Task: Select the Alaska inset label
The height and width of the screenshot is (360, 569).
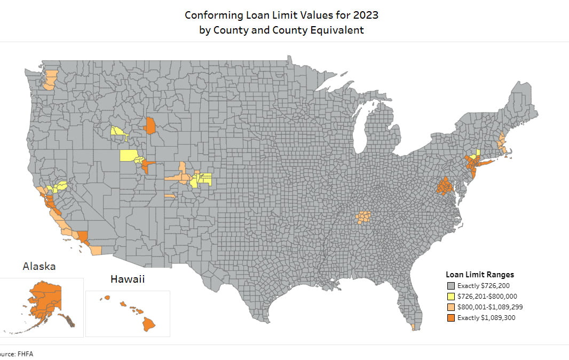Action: pyautogui.click(x=39, y=266)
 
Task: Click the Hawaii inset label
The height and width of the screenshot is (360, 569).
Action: pyautogui.click(x=128, y=279)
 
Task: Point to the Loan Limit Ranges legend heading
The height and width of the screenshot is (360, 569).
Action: pyautogui.click(x=480, y=275)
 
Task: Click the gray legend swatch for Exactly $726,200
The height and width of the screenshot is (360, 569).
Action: pyautogui.click(x=451, y=286)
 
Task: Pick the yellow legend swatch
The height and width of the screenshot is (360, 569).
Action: pyautogui.click(x=451, y=297)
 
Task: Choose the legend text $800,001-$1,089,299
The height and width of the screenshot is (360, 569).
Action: pyautogui.click(x=493, y=307)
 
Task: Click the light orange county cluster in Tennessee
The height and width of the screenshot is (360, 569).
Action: pyautogui.click(x=363, y=217)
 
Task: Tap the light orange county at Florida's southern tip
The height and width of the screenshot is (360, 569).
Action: pyautogui.click(x=414, y=326)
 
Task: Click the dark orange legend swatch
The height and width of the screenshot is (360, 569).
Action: pyautogui.click(x=451, y=318)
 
